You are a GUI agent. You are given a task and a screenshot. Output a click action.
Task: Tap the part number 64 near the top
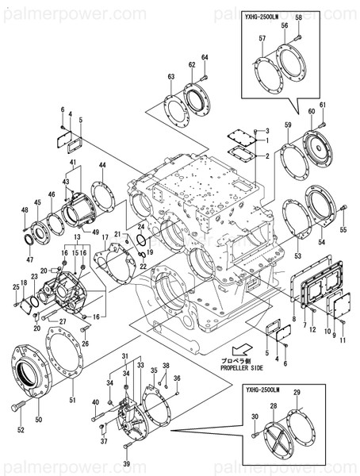(x=204, y=57)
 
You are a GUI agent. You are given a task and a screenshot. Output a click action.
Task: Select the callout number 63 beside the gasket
(x=170, y=76)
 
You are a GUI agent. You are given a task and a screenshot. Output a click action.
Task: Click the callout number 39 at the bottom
(x=126, y=463)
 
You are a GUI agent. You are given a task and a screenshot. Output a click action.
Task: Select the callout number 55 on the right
(x=343, y=229)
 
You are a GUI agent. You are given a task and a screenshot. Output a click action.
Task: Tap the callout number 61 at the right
(x=323, y=106)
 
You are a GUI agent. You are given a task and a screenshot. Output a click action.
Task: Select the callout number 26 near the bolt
(x=86, y=343)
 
